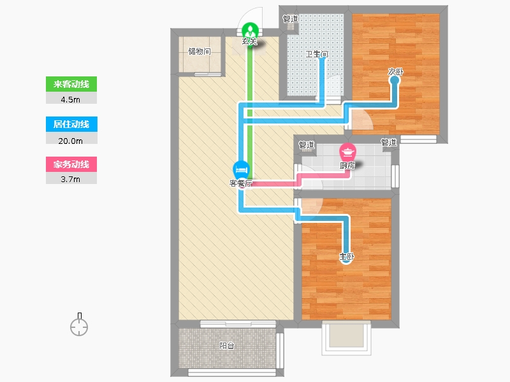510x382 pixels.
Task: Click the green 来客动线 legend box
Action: tap(71, 84)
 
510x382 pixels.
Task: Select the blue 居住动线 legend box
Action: tap(71, 124)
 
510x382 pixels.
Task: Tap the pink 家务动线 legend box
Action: tap(71, 164)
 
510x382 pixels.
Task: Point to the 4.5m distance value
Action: tap(71, 99)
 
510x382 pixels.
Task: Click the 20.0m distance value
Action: tap(71, 141)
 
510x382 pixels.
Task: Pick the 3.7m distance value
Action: tap(71, 179)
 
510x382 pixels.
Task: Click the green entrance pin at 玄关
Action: tap(250, 31)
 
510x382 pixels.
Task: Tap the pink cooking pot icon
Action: tap(347, 152)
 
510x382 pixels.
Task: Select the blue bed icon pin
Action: tap(241, 169)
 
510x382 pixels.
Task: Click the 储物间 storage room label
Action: tap(200, 52)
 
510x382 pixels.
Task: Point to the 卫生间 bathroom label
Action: tap(316, 54)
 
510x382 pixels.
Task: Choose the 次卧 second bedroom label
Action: tap(395, 71)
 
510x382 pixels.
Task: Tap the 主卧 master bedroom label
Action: tap(347, 257)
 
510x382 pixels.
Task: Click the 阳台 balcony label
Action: tap(227, 346)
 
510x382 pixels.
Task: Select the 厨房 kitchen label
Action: tap(347, 166)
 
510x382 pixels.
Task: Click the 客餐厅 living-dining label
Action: tap(241, 183)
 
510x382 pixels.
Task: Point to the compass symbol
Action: tap(79, 325)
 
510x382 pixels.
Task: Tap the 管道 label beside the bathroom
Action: tap(291, 19)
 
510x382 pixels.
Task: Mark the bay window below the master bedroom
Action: tap(346, 338)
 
